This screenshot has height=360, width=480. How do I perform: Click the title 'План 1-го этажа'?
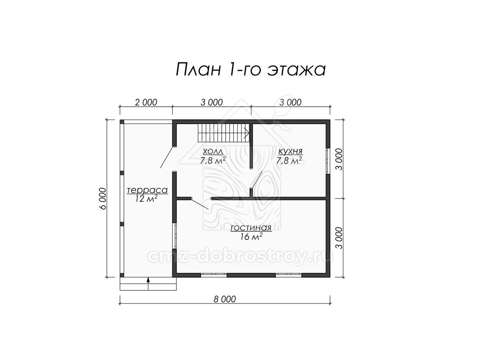coord(251,70)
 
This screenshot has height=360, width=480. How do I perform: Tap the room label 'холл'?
coord(213,151)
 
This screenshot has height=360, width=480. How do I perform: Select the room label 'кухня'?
coord(290,151)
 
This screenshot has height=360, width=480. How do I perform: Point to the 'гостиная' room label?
coord(251,228)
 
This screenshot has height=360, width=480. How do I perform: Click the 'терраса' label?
coord(147,190)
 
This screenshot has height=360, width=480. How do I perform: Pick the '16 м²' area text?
coord(251,236)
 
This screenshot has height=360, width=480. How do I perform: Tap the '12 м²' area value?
coord(146,199)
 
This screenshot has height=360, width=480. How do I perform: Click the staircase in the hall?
coord(224,133)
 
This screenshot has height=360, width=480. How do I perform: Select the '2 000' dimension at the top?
coord(146,102)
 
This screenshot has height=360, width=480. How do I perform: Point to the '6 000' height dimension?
coord(103,198)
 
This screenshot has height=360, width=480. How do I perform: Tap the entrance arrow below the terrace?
coord(148,281)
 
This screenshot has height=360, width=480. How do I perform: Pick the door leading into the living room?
coord(200,204)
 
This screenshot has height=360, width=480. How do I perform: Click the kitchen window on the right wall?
coord(328,161)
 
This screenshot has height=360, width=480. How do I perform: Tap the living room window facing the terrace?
coord(174,236)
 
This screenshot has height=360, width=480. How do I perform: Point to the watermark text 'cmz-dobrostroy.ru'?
coord(240,257)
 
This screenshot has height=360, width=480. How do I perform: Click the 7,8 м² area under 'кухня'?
coord(289,160)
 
